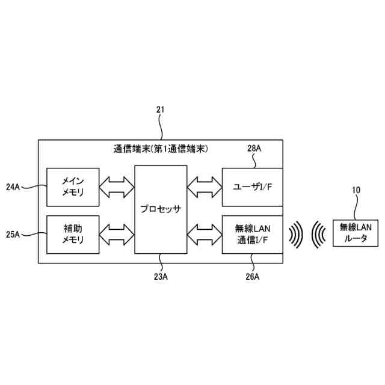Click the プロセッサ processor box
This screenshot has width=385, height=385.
[160, 209]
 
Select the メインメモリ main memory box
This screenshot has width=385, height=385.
[73, 186]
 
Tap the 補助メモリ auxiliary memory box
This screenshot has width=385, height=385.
[73, 233]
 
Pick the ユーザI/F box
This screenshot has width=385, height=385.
[252, 187]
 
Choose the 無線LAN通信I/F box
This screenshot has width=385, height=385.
[252, 233]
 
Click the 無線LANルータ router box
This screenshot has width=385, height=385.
[357, 232]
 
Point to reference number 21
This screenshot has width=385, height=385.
[160, 109]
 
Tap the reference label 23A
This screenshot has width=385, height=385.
[161, 277]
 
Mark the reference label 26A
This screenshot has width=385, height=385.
[252, 277]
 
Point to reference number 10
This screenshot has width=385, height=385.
[356, 190]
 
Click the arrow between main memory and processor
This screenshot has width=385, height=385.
[117, 186]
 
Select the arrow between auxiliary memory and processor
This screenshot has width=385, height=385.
[117, 233]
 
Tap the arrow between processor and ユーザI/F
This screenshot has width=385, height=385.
[204, 186]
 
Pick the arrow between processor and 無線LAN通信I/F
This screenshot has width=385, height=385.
[204, 233]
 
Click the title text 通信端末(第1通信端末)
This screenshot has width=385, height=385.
[161, 148]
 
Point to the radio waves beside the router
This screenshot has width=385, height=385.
[318, 233]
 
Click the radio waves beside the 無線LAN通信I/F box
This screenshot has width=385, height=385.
[295, 233]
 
